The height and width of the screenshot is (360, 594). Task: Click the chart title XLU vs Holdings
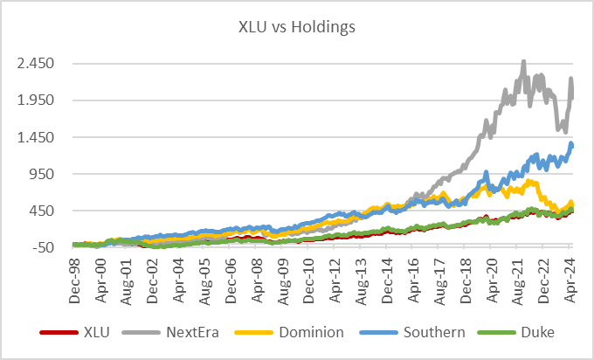coord(297,26)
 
